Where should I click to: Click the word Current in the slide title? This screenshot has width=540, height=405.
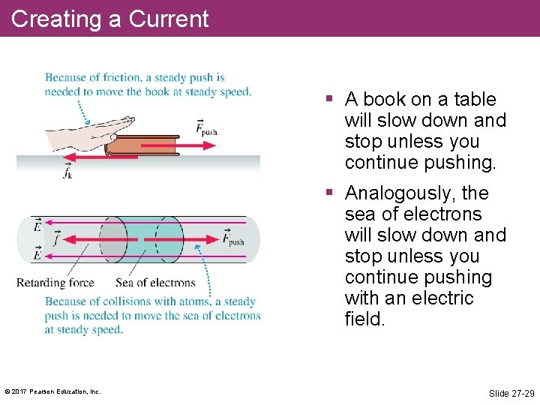(169, 18)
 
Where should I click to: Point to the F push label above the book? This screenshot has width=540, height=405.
(205, 127)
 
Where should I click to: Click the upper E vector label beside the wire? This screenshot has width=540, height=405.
(37, 224)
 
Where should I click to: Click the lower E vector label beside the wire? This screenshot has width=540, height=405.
(37, 255)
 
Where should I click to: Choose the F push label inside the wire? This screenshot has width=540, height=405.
(232, 239)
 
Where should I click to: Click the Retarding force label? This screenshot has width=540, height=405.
(55, 283)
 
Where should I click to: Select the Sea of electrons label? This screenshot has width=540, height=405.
(155, 283)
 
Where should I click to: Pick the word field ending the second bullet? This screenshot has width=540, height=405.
(364, 319)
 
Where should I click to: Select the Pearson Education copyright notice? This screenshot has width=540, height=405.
(52, 391)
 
